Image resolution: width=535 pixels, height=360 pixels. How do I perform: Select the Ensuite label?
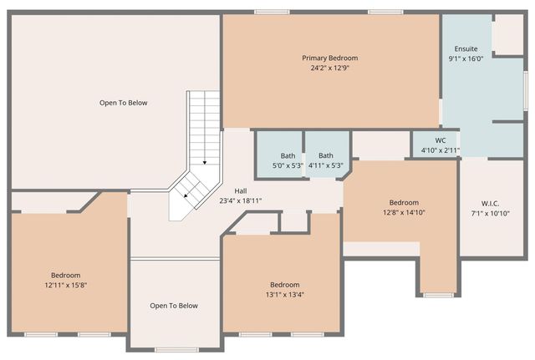(x=466, y=48)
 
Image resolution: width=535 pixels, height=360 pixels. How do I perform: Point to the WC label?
(x=441, y=140)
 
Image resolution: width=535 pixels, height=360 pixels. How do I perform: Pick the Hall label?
(x=240, y=190)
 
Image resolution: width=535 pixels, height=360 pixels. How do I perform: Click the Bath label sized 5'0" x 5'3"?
(x=288, y=155)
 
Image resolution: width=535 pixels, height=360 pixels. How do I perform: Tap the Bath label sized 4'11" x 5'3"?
(x=326, y=155)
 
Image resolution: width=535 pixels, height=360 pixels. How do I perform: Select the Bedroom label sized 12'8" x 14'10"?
(x=404, y=202)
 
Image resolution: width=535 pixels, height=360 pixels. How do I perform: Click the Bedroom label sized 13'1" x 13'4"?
(x=284, y=285)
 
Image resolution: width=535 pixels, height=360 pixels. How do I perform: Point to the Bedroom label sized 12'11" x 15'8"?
(x=65, y=276)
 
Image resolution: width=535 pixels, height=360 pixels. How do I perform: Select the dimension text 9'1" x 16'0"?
(x=466, y=58)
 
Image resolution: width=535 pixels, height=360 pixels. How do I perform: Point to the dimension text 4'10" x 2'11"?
(x=441, y=150)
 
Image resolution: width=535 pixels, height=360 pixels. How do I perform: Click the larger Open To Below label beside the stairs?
(x=123, y=103)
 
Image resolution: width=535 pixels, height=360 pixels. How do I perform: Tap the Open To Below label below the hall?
(x=174, y=306)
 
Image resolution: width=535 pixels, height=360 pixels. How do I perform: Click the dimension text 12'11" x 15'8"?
(x=65, y=286)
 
